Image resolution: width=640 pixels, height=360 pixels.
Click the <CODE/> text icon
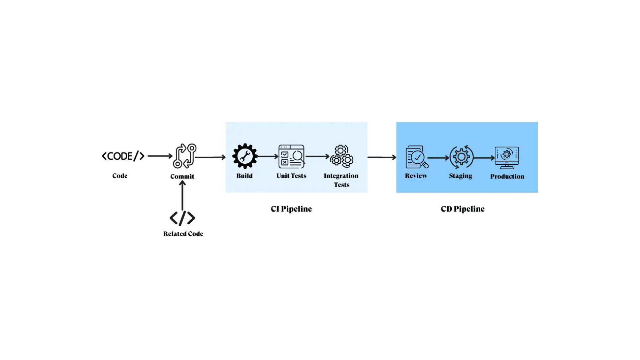tap(123, 156)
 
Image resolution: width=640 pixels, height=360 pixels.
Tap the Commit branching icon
tap(184, 156)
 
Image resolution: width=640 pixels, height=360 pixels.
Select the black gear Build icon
tap(245, 156)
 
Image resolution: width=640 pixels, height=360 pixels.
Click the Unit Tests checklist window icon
tap(291, 157)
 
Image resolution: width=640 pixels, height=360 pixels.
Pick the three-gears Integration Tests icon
tap(342, 156)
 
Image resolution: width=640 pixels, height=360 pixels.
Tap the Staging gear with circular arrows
tap(461, 157)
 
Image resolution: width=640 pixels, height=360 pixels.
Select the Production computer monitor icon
tap(507, 157)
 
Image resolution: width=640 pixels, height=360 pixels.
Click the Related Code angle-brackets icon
tap(182, 218)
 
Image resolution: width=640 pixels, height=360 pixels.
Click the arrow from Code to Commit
tap(160, 156)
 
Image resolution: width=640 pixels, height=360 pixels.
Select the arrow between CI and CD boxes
tap(382, 157)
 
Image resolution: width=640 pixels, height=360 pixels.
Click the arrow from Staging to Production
tap(484, 158)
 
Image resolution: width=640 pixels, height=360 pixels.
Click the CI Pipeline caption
tap(291, 209)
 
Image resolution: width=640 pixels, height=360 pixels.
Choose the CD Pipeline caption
tap(462, 209)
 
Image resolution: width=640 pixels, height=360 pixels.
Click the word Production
tap(507, 176)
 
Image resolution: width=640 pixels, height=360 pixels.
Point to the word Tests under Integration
tap(342, 185)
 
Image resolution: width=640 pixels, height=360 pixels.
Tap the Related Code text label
tap(183, 234)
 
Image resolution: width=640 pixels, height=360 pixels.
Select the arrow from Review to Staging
tap(438, 158)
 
